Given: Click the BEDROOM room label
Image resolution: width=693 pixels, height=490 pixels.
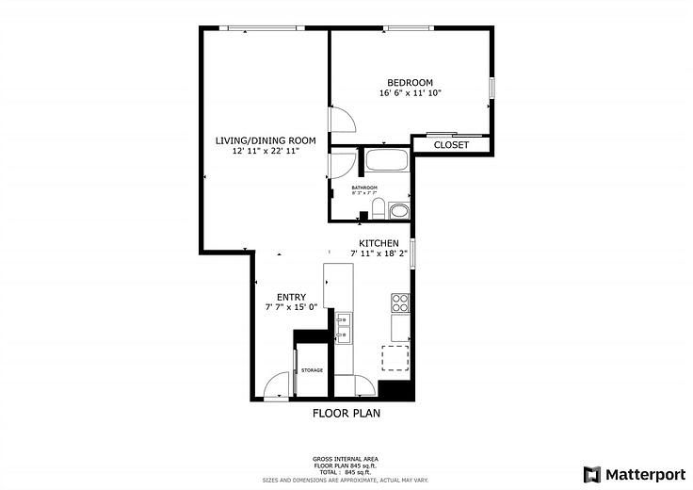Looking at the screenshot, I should pos(410,82).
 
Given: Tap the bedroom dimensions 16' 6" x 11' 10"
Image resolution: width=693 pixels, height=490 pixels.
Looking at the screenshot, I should pos(410,93).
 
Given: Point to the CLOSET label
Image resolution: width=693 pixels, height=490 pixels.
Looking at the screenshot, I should pos(452,145).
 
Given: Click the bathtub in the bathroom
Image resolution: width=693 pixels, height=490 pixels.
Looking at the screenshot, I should pos(386,159).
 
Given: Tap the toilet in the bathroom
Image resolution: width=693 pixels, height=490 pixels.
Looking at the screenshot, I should pos(377,208).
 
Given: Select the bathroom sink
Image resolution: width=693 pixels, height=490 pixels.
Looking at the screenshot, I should pos(399,209).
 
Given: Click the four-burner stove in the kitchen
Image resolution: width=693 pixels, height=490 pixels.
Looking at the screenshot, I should pos(400,302).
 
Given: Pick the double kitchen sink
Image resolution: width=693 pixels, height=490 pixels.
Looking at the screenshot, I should pos(343,325).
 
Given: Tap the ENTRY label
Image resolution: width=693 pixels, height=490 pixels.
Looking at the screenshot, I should pos(291,298).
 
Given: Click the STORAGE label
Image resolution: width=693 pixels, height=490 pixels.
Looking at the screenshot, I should pos(312,370).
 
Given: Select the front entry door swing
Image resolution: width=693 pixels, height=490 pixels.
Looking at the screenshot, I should pos(277,387).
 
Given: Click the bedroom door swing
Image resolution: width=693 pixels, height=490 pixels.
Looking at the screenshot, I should pos(341,121).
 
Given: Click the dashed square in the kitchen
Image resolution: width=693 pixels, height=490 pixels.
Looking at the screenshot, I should pos(395,360).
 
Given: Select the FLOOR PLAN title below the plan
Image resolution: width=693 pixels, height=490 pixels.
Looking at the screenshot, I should pos(346,413).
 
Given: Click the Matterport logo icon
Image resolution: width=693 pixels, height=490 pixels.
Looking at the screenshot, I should pos(590,473).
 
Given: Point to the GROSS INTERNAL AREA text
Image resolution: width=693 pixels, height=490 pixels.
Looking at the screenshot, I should pos(346,460).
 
